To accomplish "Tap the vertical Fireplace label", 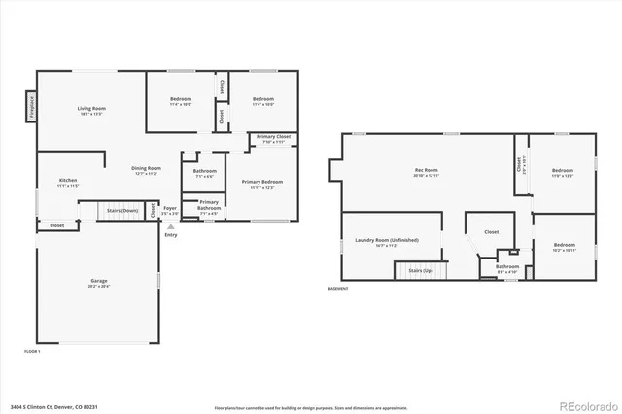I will click(31, 105).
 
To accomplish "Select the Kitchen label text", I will click(68, 181).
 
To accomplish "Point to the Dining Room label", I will click(147, 169).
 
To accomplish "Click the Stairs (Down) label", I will click(121, 210).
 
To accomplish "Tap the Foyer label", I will click(170, 208).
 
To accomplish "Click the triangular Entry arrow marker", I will click(171, 226).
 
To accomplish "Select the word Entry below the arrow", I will click(171, 234).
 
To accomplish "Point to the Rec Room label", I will click(427, 171).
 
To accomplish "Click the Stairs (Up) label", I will click(420, 270).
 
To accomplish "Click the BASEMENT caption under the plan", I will click(338, 289).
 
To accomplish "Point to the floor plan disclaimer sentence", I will click(294, 405).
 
